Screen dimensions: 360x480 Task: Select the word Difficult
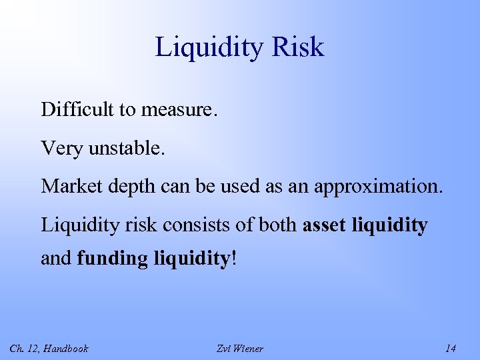tap(78, 109)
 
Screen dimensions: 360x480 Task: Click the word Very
tap(59, 147)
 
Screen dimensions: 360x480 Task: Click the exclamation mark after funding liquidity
tap(233, 257)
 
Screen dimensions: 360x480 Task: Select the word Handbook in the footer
tap(65, 348)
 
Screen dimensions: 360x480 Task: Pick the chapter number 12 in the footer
tap(30, 348)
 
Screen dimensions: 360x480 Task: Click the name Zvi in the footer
tap(225, 348)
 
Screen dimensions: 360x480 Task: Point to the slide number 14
tap(450, 348)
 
